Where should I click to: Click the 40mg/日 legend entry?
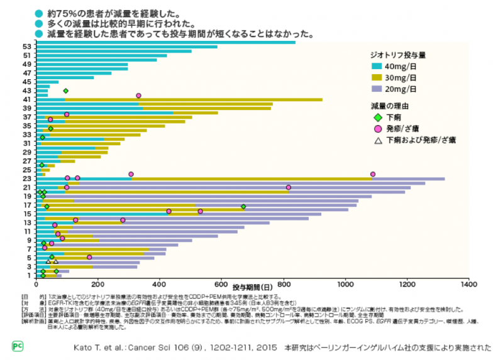[x=402, y=66]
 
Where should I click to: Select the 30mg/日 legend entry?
[x=402, y=77]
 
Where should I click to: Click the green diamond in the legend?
[x=378, y=117]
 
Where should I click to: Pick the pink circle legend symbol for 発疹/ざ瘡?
[x=378, y=128]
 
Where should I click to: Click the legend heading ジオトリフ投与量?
[x=398, y=55]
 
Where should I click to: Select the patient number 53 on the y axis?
[x=26, y=46]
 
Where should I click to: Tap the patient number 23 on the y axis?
[x=26, y=178]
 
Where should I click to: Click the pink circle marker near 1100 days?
[x=373, y=174]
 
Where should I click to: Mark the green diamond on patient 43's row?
[x=65, y=91]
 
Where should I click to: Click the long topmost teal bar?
[x=166, y=42]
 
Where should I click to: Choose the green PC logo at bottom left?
[x=17, y=346]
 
